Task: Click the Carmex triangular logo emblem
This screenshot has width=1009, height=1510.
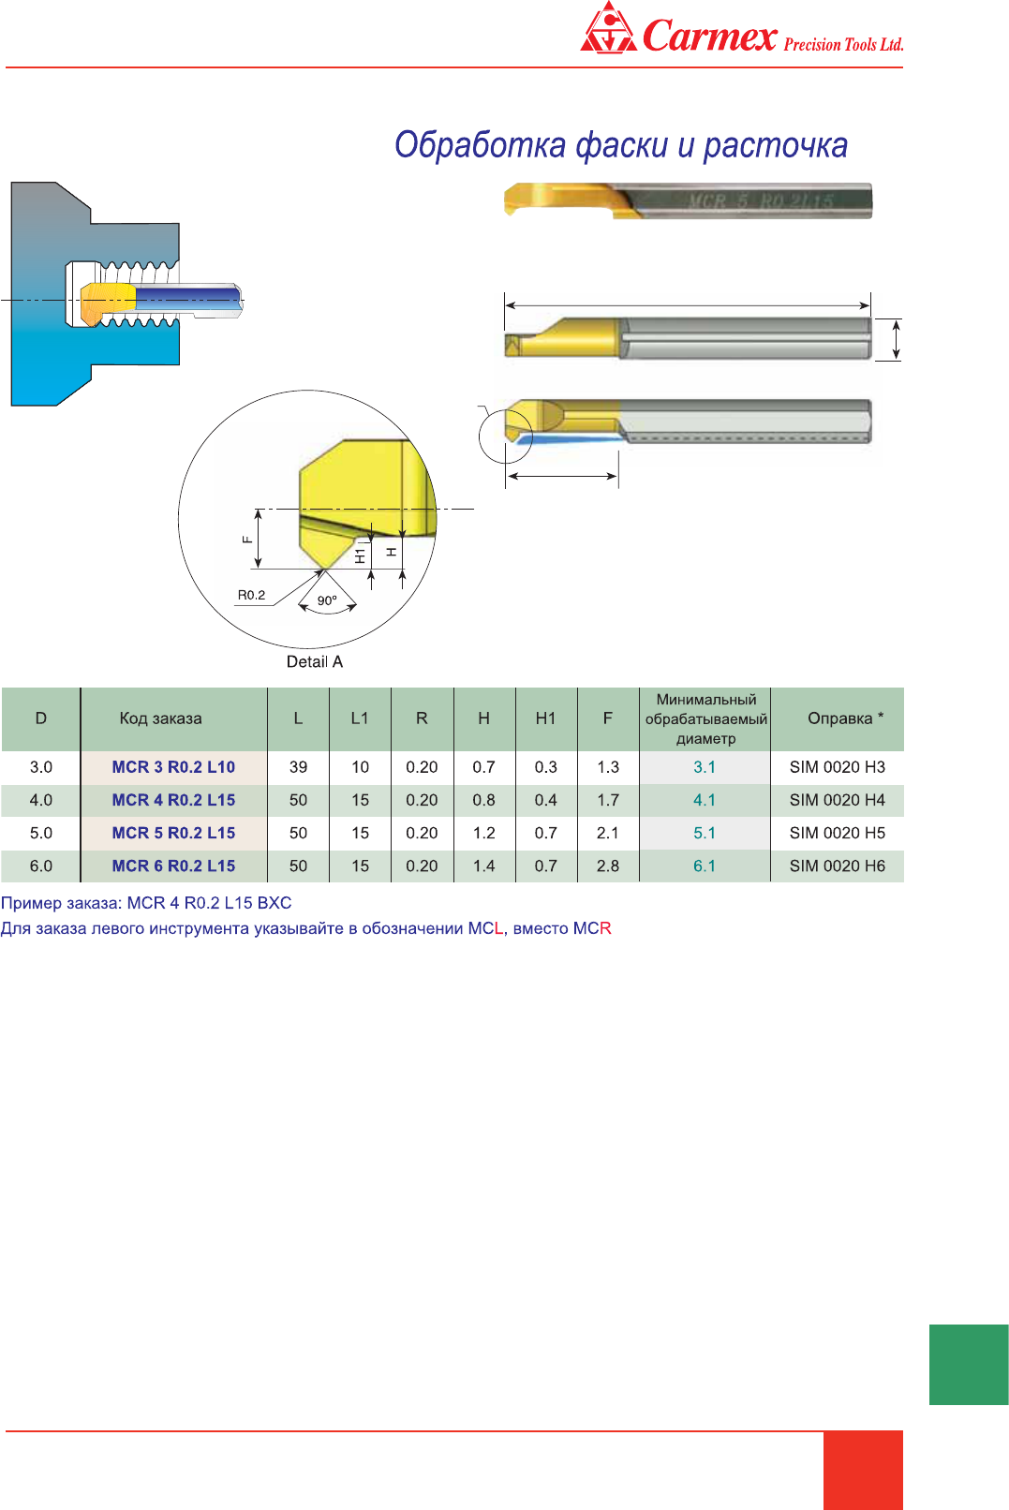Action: coord(609,27)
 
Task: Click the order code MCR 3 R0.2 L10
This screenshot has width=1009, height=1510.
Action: coord(173,767)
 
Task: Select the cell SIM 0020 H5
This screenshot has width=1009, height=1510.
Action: coord(838,833)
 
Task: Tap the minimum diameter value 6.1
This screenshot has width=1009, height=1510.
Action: coord(705,866)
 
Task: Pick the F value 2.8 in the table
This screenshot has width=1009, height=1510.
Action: coord(607,866)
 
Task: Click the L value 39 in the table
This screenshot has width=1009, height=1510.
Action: coord(298,767)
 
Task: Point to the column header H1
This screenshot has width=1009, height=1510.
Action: coord(545,718)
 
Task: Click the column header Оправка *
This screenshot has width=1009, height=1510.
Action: coord(845,718)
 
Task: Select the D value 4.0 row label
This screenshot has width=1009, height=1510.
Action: coord(41,800)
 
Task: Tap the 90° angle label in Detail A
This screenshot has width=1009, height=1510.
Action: coord(327,600)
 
